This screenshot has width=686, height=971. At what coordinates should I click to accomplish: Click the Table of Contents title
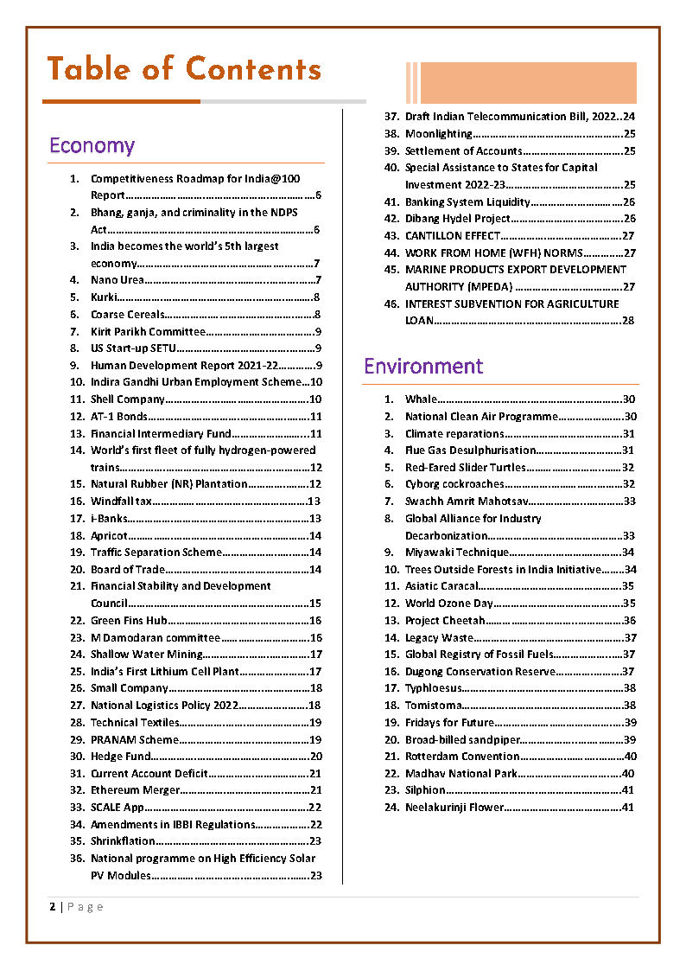tap(184, 69)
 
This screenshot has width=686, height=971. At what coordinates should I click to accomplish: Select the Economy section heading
tap(92, 145)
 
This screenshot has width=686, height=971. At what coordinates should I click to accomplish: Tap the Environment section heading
tap(423, 367)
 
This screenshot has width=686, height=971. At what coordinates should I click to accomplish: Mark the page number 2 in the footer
tap(53, 907)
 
